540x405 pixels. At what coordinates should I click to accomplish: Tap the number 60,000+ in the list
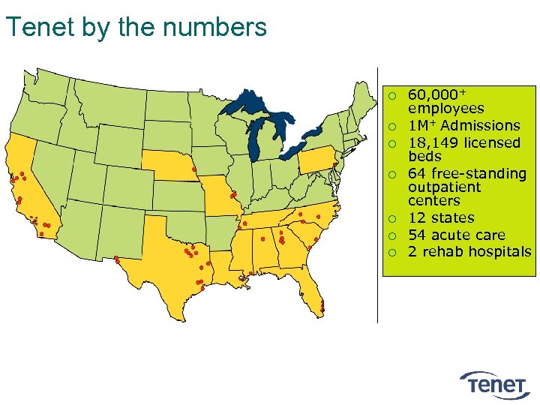436,94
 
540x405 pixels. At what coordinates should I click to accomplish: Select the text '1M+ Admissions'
463,125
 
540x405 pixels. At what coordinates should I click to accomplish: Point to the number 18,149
433,142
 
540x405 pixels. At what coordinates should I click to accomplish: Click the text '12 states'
441,217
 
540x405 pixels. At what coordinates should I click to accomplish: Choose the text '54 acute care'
456,235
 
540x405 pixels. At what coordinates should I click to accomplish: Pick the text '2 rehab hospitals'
469,251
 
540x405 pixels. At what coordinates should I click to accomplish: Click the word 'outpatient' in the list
444,187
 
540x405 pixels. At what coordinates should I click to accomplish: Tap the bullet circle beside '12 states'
391,218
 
